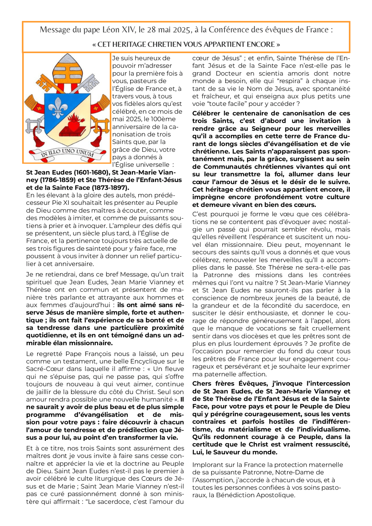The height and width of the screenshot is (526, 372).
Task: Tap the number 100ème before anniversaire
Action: tap(165, 119)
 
